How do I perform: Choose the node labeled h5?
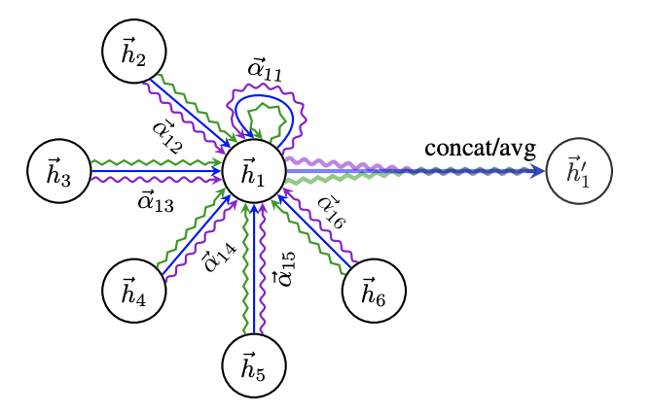pyautogui.click(x=254, y=365)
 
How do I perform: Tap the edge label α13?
pyautogui.click(x=156, y=201)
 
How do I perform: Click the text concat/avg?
pyautogui.click(x=480, y=149)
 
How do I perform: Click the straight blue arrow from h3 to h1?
pyautogui.click(x=156, y=172)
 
